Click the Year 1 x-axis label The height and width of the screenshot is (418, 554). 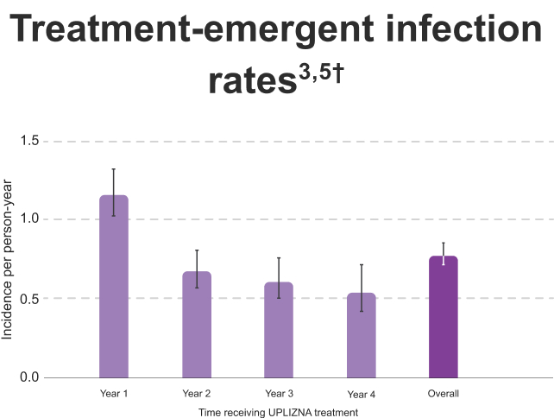pyautogui.click(x=114, y=394)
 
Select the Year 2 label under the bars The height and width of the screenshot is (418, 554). pyautogui.click(x=197, y=394)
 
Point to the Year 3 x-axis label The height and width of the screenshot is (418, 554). pyautogui.click(x=279, y=394)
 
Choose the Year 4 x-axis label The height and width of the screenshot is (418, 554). pyautogui.click(x=362, y=394)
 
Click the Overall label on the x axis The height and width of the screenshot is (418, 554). pyautogui.click(x=444, y=394)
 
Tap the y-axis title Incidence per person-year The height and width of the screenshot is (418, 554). pyautogui.click(x=8, y=259)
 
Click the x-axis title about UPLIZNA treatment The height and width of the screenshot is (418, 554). pyautogui.click(x=278, y=413)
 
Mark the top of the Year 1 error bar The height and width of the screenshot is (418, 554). pyautogui.click(x=114, y=169)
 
